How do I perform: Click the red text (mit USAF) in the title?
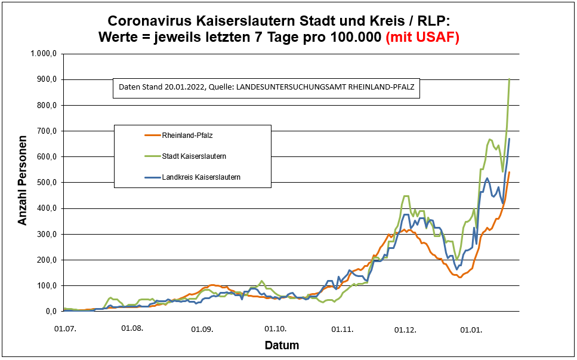(x=422, y=36)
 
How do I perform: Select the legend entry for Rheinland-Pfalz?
(x=187, y=136)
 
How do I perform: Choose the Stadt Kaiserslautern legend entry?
(x=194, y=156)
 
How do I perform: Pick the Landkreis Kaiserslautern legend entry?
(x=201, y=177)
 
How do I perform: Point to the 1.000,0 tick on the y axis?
(x=44, y=54)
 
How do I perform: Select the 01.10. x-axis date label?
(x=276, y=329)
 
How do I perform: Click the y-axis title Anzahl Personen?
(x=23, y=182)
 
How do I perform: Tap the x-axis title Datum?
(x=282, y=346)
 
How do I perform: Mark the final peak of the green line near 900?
(x=509, y=79)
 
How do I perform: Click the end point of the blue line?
(x=510, y=139)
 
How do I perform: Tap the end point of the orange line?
(x=510, y=172)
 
